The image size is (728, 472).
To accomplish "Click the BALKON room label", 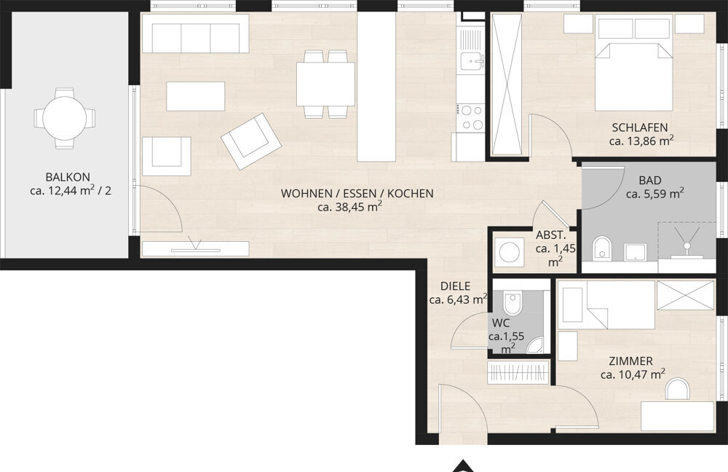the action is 68,177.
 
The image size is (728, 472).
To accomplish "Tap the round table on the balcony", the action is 65,119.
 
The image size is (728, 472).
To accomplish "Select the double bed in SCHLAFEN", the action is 634,77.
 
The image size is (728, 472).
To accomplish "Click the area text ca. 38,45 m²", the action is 349,207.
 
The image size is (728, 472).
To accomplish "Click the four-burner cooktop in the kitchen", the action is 471,117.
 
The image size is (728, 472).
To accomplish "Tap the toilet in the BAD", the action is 602,248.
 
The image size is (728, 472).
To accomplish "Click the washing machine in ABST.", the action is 510,252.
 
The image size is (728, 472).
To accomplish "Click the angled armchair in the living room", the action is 250,141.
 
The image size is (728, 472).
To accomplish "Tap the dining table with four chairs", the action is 325,84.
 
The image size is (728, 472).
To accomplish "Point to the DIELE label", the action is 455,286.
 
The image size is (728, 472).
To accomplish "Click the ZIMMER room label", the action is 630,361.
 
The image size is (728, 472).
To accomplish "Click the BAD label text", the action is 650,180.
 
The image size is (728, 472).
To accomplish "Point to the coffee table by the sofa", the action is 195,96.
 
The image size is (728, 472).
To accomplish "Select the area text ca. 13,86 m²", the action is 641,141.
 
